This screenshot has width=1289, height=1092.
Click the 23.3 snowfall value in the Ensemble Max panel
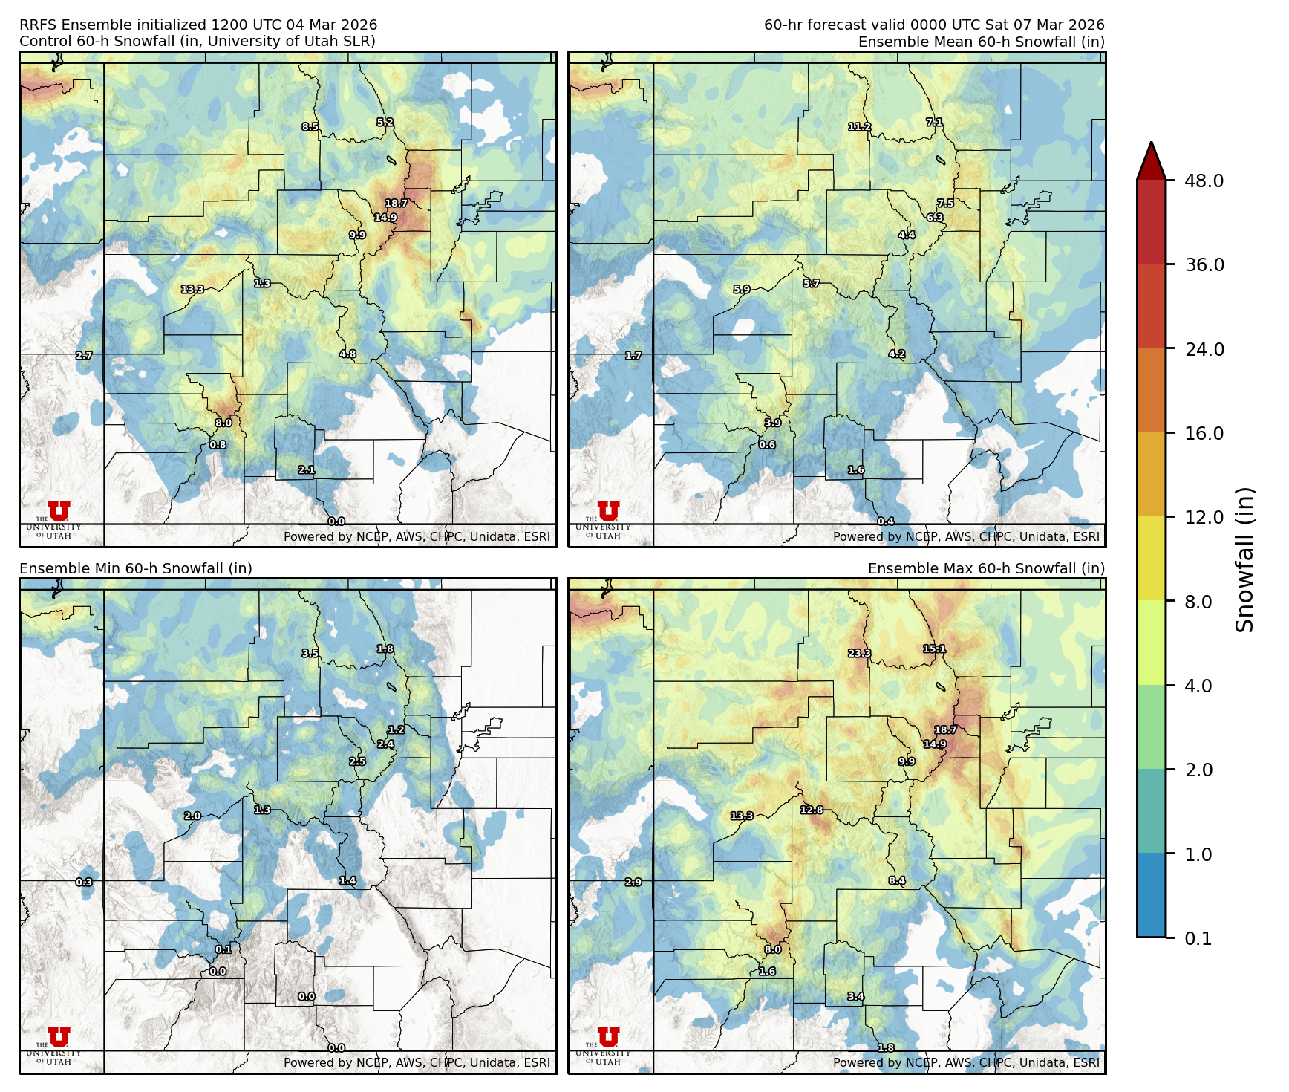[x=859, y=654]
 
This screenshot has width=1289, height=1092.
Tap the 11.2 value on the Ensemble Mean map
[x=859, y=127]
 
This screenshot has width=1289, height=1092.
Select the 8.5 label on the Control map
[x=310, y=127]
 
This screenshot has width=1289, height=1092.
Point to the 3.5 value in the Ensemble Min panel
[x=310, y=654]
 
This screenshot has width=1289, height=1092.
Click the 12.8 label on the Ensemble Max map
[x=812, y=810]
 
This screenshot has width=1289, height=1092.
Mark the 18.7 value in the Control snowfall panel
[x=396, y=204]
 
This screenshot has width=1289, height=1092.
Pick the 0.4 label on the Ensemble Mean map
[x=886, y=521]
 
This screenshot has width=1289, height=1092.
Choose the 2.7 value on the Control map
[x=84, y=356]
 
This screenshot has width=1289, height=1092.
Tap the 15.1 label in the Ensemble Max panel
[x=934, y=649]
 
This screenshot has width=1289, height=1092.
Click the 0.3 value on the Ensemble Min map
[x=84, y=883]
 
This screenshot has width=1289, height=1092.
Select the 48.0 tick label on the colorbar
[x=1204, y=181]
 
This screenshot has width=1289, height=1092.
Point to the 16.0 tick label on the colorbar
[x=1204, y=433]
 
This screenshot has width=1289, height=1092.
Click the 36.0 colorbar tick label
[x=1204, y=264]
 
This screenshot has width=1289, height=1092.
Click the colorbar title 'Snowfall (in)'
[x=1245, y=559]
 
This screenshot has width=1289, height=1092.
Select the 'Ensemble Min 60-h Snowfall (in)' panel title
[x=136, y=568]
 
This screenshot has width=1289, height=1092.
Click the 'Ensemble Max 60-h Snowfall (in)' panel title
[x=986, y=568]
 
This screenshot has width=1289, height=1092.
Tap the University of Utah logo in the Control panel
[x=59, y=516]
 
